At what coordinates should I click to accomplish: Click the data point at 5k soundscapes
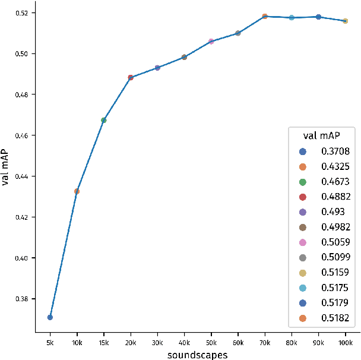click(50, 317)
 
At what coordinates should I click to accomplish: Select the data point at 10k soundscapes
click(77, 191)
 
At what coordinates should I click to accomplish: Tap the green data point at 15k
click(104, 120)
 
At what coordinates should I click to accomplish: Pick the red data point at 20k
click(131, 77)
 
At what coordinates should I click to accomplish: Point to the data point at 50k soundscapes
click(211, 42)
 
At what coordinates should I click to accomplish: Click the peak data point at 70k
click(265, 17)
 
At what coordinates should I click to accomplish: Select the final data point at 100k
click(345, 21)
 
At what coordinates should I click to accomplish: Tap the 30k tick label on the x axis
click(157, 343)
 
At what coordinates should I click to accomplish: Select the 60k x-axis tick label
click(237, 343)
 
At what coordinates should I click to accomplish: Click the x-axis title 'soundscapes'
click(197, 355)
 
